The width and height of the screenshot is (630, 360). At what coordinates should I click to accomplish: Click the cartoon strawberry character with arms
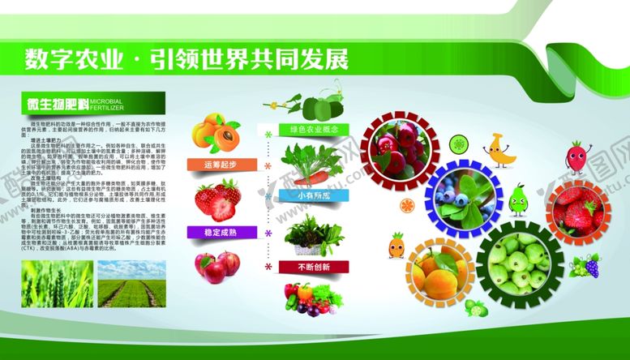click(575, 157)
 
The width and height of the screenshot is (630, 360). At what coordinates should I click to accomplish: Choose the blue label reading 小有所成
click(307, 196)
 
